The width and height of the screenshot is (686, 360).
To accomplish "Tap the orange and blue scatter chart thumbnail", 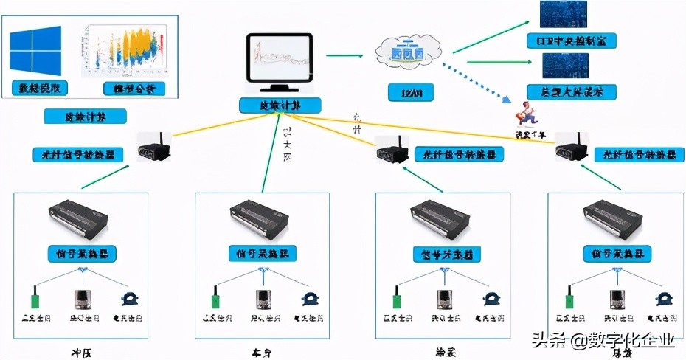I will pyautogui.click(x=125, y=50).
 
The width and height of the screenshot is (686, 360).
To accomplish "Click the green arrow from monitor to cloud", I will pyautogui.click(x=344, y=54).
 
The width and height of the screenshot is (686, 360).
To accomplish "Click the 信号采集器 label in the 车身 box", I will pyautogui.click(x=261, y=253).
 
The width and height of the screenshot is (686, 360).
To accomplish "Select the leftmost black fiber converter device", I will pyautogui.click(x=154, y=147).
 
